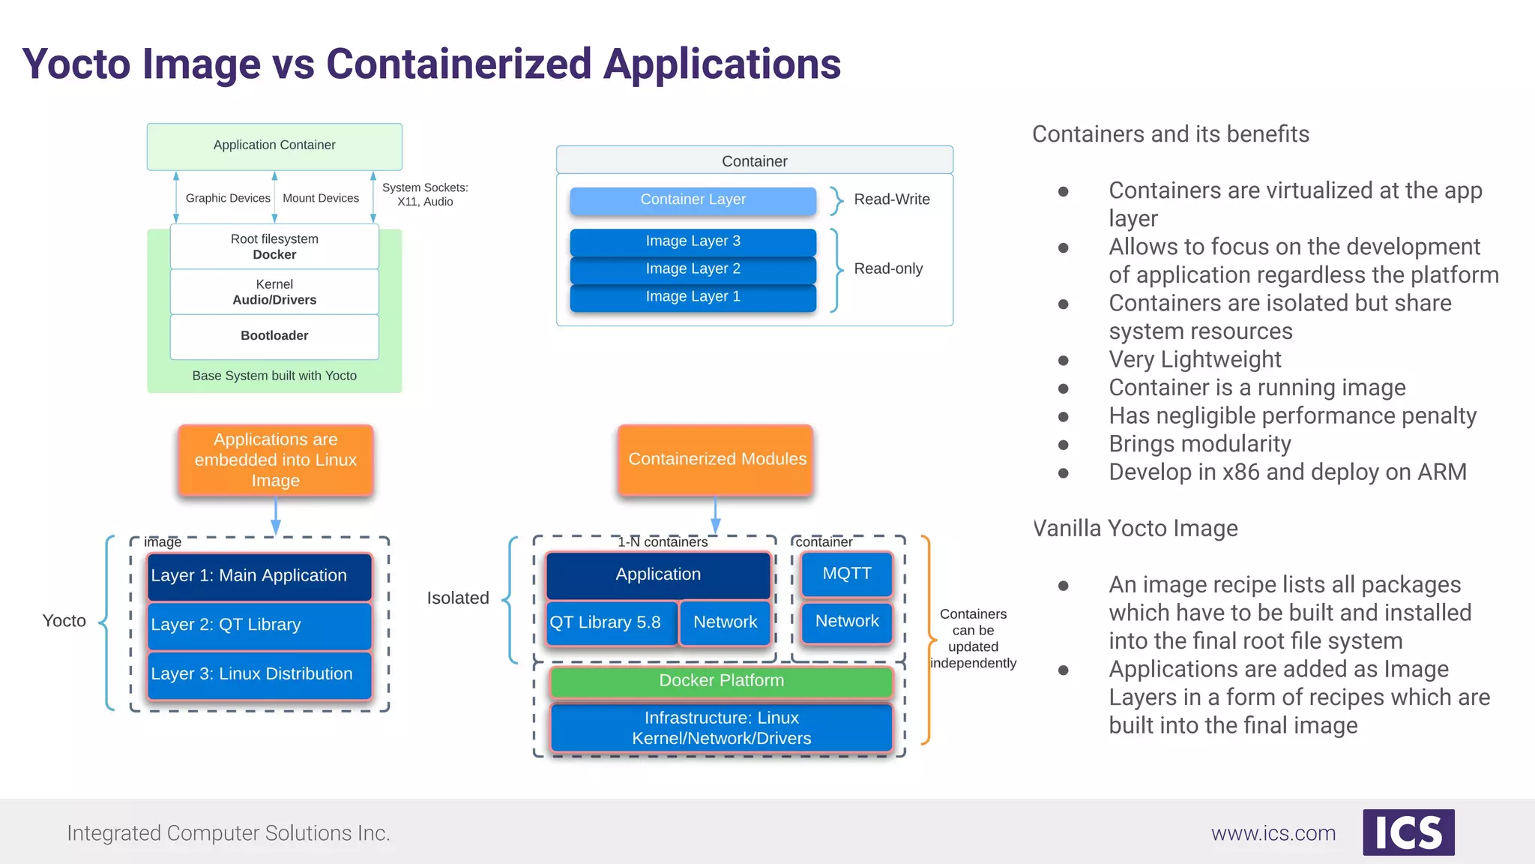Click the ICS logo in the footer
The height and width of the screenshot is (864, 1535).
1408,832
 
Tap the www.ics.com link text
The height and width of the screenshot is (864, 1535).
1273,833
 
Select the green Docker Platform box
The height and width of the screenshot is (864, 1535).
721,681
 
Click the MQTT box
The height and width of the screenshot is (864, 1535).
847,574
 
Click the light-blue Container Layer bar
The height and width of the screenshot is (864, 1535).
693,199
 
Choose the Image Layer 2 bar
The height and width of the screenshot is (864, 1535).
693,268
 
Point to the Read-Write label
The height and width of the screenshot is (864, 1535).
891,199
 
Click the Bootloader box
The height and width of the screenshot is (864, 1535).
274,336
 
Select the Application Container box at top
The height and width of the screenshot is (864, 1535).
274,145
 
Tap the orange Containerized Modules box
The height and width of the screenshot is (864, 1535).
717,459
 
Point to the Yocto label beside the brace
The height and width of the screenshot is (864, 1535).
64,621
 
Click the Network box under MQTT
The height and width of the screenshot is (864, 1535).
847,622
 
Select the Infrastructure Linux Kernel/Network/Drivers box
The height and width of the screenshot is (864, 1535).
721,727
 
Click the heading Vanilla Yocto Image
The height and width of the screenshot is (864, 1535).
1135,529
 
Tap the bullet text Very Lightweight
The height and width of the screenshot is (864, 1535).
1195,360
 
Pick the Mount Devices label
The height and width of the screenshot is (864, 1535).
321,198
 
